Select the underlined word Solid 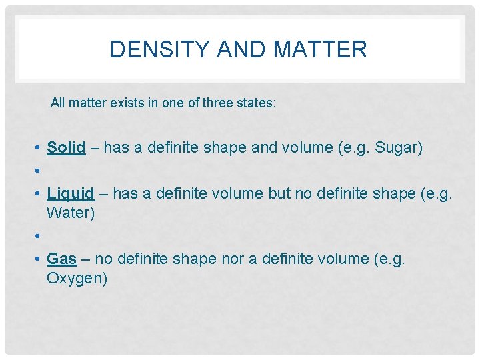click(66, 148)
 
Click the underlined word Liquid click(71, 194)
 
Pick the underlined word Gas click(61, 259)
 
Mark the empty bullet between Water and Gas click(40, 236)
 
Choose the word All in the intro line click(57, 103)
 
